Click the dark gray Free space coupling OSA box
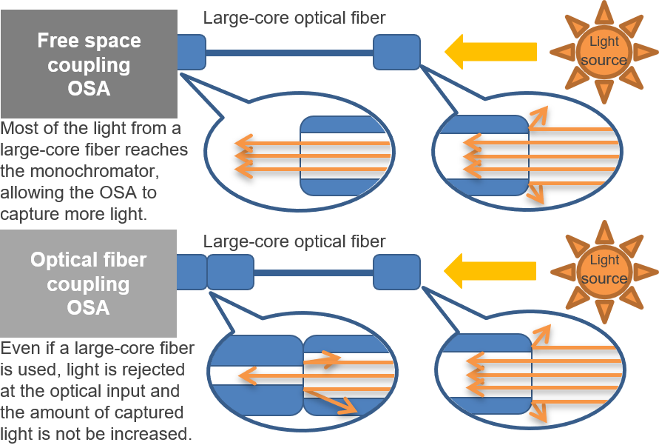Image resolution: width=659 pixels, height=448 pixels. point(89,64)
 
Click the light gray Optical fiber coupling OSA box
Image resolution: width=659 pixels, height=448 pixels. point(89,284)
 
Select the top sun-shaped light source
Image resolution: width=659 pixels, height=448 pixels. point(604,51)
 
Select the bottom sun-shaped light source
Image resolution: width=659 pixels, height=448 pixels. point(604,270)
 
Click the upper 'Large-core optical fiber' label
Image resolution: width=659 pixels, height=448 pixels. point(294,18)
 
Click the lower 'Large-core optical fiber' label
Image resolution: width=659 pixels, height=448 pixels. point(294,241)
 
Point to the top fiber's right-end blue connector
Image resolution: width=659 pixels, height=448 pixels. point(396,52)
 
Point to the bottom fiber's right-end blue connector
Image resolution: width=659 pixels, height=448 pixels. point(396,272)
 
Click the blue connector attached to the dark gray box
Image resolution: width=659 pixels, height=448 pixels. point(191,52)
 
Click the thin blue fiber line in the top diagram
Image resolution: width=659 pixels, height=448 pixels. point(288,53)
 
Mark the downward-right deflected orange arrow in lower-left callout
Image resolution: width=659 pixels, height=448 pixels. point(332,401)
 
